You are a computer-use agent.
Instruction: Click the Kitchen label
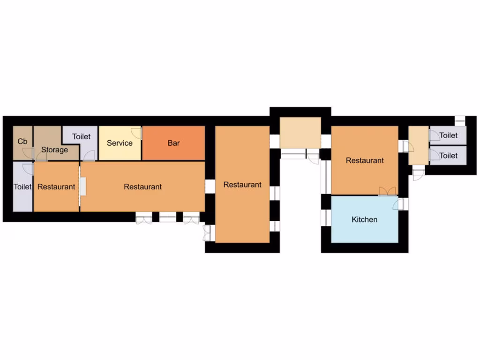coord(364,219)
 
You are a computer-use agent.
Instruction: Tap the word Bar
coord(173,143)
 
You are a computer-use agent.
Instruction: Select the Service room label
coord(120,143)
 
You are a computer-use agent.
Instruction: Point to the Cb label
coord(22,141)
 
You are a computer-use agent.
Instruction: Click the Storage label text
coord(54,150)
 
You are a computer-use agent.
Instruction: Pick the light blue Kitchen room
coord(364,230)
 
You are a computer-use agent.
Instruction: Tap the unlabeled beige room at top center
coord(300,133)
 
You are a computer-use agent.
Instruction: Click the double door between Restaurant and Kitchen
coord(387,191)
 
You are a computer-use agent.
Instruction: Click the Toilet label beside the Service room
coord(81,136)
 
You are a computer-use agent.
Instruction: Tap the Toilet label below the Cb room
coord(22,187)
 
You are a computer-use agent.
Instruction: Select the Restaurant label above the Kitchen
coord(365,160)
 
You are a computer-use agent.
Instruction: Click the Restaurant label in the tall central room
coord(242,185)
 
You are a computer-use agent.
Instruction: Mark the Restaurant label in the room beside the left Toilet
coord(56,187)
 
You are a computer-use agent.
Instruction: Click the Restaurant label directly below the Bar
coord(143,187)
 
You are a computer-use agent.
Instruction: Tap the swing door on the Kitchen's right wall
coord(399,204)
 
